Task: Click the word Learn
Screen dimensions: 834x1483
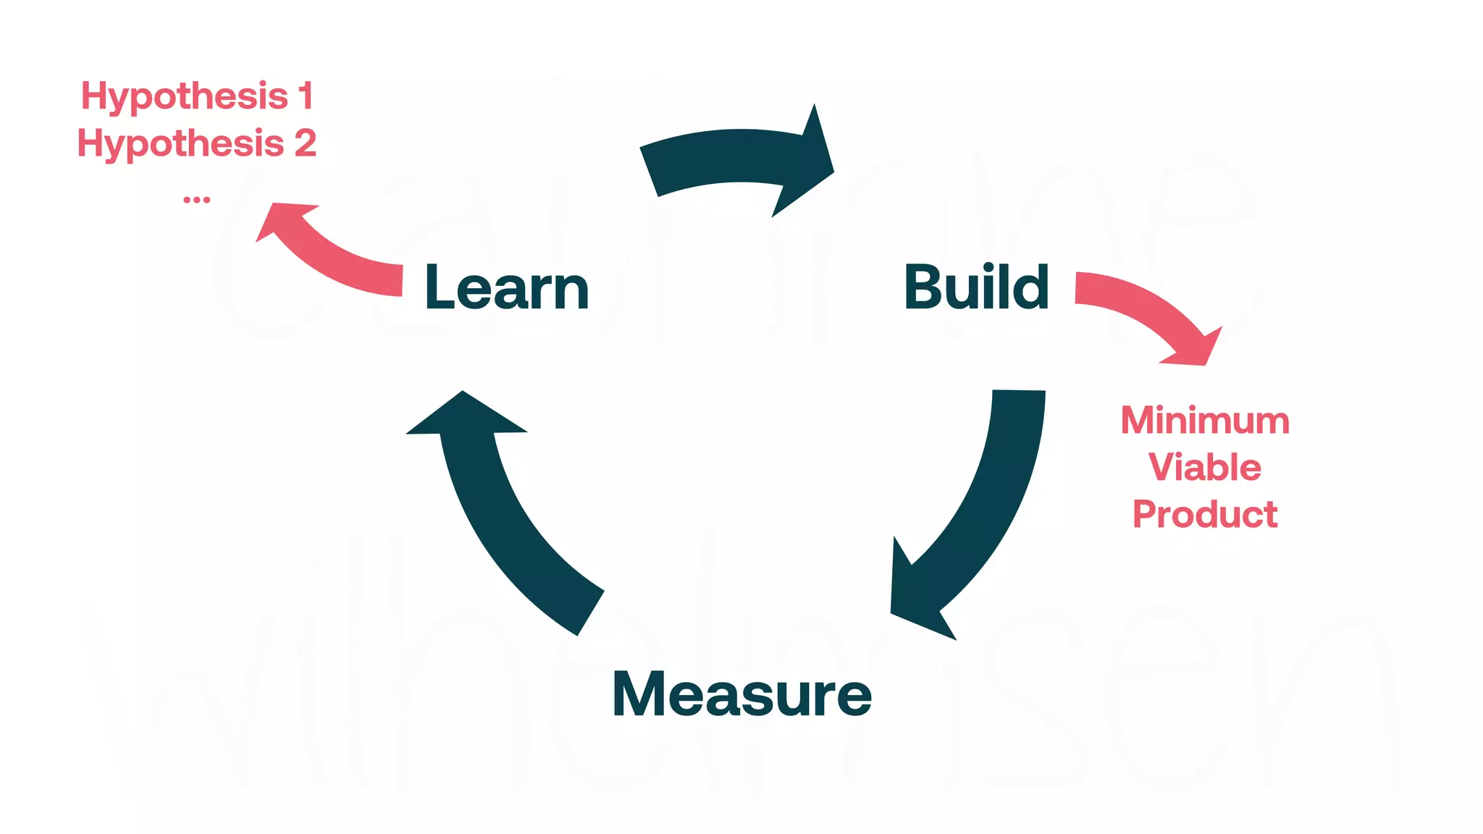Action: (507, 287)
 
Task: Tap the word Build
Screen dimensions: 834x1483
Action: (976, 287)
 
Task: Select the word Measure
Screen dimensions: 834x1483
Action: (741, 694)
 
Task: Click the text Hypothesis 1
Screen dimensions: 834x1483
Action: (197, 96)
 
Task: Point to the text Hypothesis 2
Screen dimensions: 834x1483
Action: (197, 143)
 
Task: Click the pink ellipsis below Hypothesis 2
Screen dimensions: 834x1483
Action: (196, 199)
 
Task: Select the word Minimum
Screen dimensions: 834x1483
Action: (1205, 421)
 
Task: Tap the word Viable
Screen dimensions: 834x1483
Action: (1205, 467)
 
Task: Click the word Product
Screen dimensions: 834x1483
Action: (1205, 514)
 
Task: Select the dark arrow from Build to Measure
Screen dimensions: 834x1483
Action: (992, 500)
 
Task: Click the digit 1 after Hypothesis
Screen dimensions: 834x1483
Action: (306, 96)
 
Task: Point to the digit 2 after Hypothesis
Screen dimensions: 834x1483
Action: (306, 143)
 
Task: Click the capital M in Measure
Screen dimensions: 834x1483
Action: (637, 694)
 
